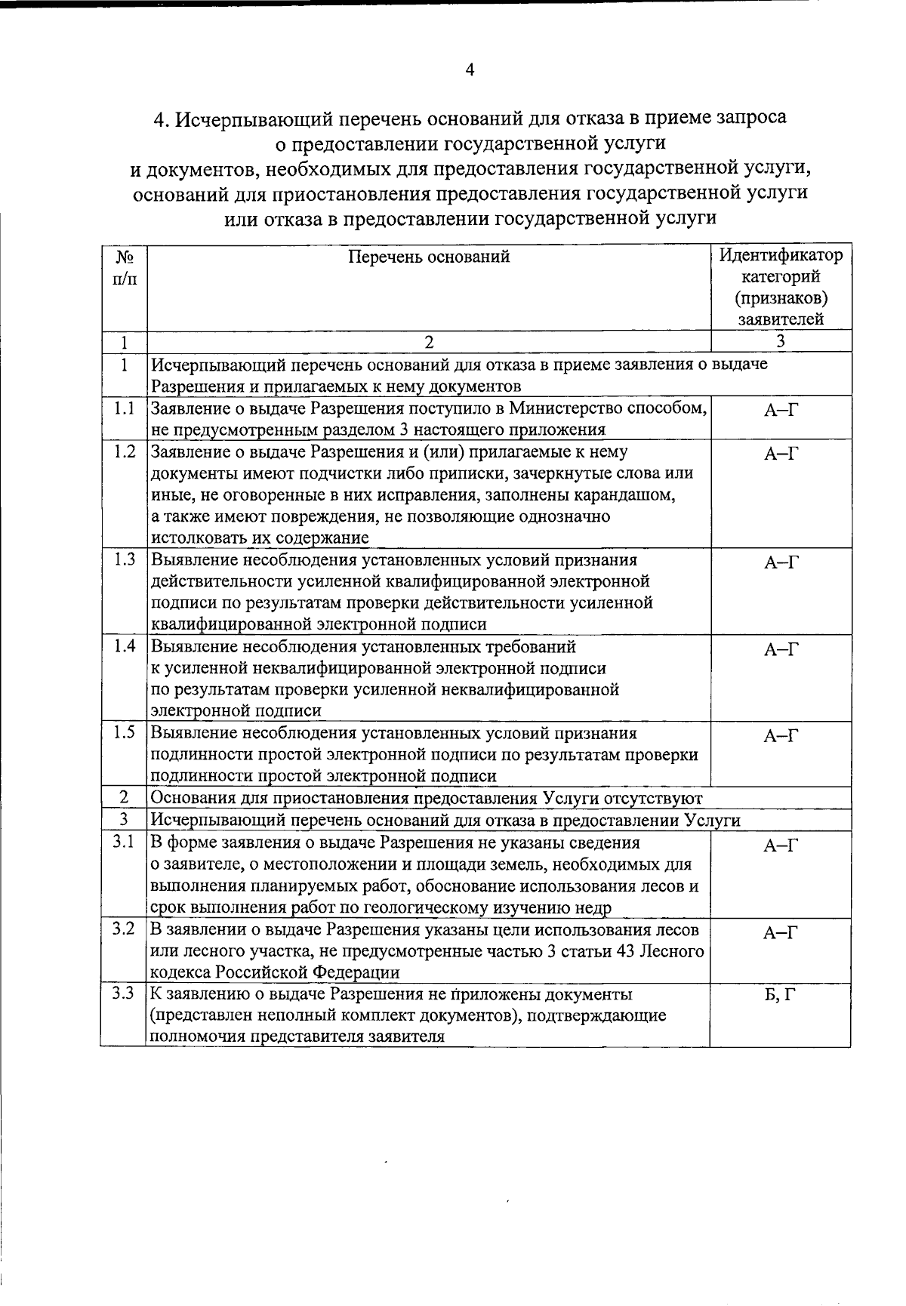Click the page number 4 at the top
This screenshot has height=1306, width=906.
(x=470, y=70)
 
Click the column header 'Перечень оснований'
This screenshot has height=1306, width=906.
(x=429, y=257)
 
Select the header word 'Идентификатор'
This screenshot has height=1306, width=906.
(x=781, y=255)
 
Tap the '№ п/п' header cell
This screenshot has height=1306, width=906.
(x=124, y=267)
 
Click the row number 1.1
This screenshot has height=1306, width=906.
(x=124, y=408)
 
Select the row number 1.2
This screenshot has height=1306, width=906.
(x=124, y=451)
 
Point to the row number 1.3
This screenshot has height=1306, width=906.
(x=124, y=559)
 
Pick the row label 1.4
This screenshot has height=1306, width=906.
(x=124, y=646)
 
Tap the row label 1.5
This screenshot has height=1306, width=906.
(x=124, y=732)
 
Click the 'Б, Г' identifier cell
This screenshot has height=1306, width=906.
(x=780, y=995)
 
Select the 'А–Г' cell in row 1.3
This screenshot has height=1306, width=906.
(x=781, y=562)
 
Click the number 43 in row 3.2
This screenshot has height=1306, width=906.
(x=624, y=951)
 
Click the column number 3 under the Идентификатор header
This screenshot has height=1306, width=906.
(x=781, y=341)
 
